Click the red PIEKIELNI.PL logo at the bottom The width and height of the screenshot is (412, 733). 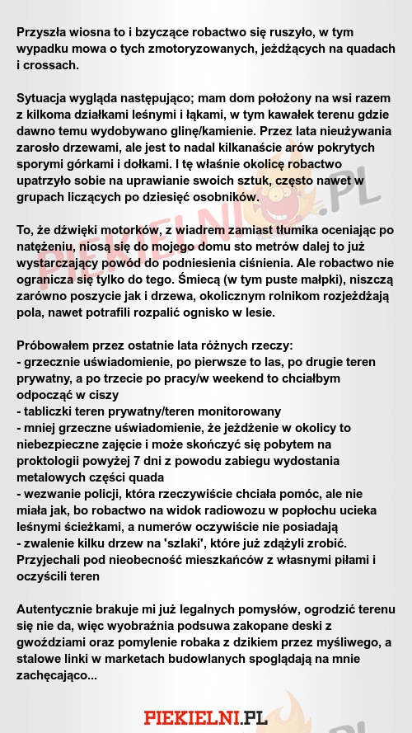point(206,717)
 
